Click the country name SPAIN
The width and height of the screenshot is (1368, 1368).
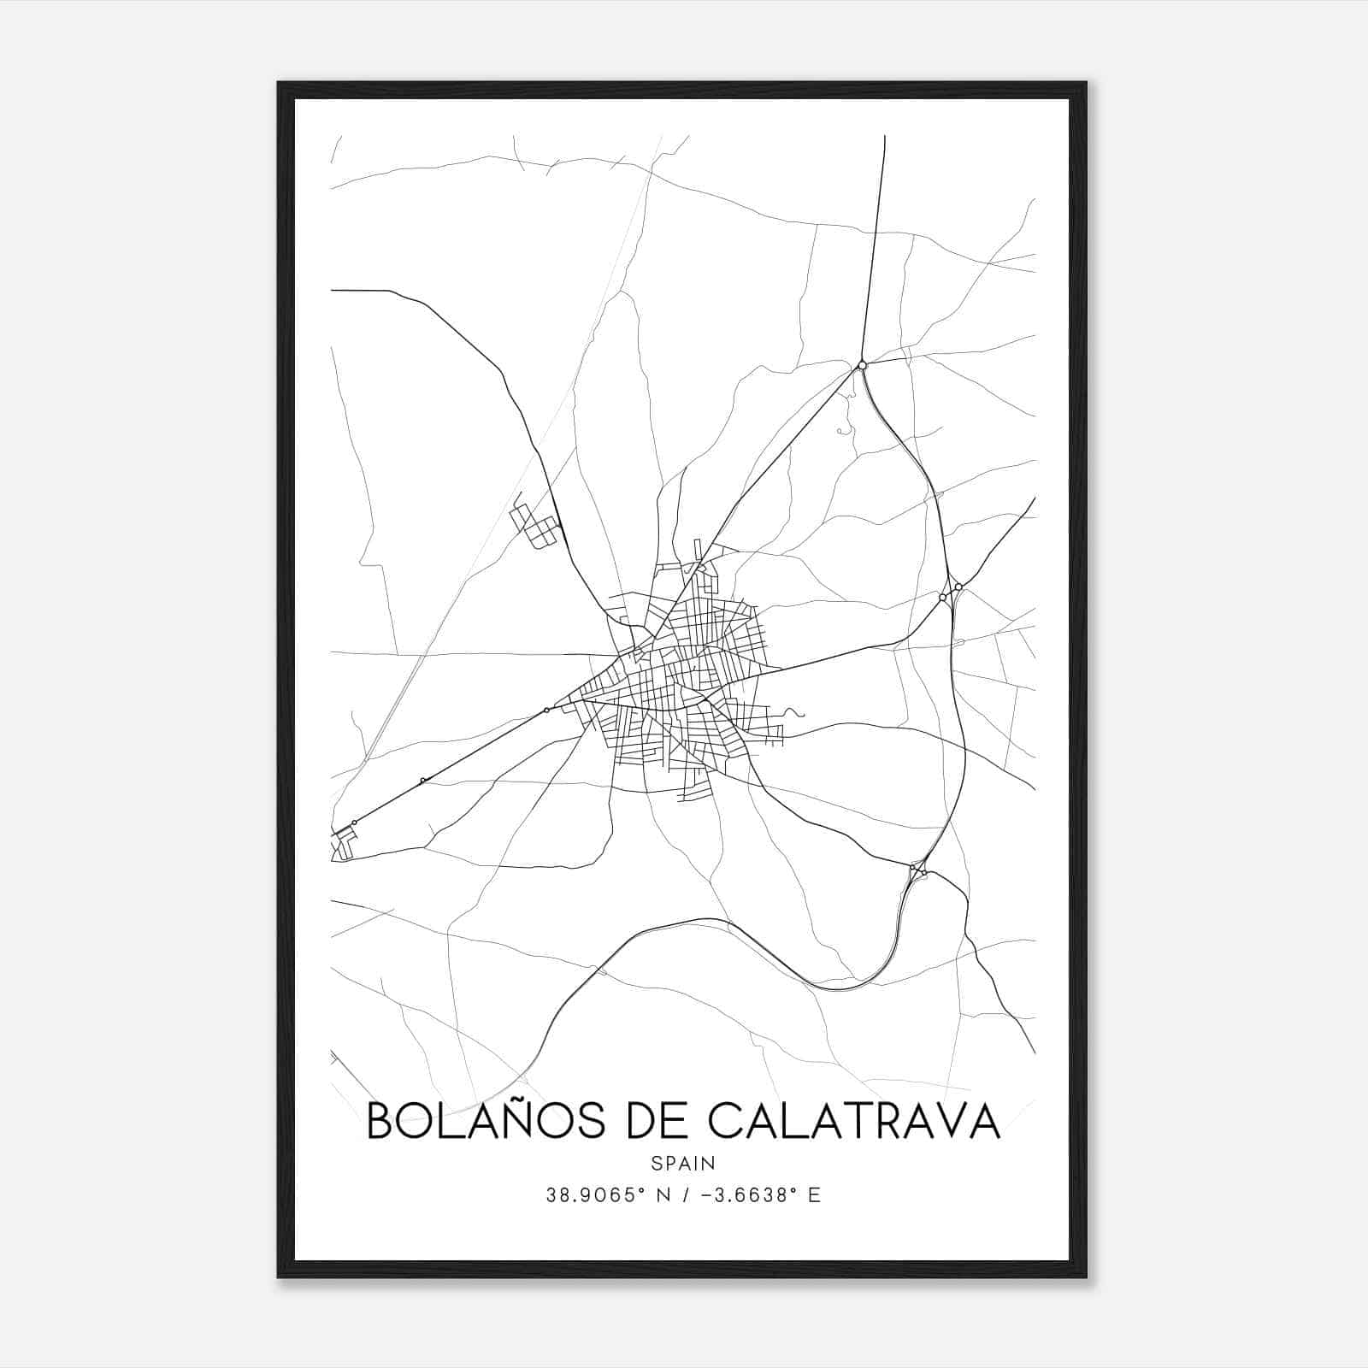[x=683, y=1163]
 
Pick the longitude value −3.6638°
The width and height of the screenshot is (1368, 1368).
[x=744, y=1195]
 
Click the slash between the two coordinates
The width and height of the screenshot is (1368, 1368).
[x=685, y=1195]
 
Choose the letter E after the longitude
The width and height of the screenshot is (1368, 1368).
[x=814, y=1195]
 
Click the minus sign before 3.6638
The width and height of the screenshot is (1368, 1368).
[x=706, y=1195]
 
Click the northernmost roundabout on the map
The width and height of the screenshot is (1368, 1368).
[x=862, y=365]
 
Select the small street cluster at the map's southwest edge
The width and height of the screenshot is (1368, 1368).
[x=343, y=845]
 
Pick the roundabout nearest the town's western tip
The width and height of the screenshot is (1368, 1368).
[x=546, y=710]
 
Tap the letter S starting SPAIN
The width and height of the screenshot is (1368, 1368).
[x=656, y=1163]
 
